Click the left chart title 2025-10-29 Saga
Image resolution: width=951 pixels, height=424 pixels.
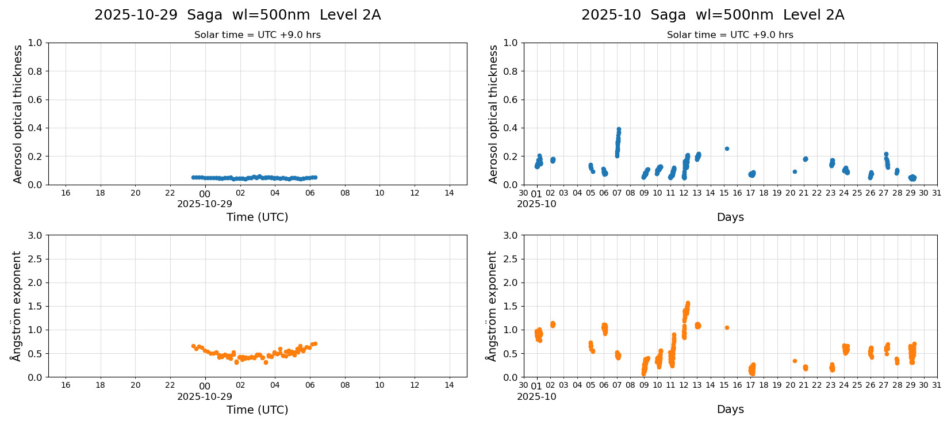[x=237, y=15]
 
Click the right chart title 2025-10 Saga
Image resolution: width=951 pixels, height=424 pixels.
[x=712, y=15]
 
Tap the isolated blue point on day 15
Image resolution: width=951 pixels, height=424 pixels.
[x=727, y=148]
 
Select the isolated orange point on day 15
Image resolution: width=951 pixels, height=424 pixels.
[x=727, y=327]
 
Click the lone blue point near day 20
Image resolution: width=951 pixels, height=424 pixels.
[x=795, y=171]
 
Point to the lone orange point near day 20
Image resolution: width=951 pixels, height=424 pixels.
[x=795, y=361]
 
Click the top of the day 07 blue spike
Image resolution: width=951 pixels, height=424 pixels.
[x=619, y=129]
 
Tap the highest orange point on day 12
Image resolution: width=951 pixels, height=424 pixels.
[x=688, y=303]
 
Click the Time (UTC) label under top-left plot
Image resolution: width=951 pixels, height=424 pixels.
[x=257, y=217]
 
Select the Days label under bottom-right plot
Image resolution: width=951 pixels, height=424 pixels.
[x=730, y=409]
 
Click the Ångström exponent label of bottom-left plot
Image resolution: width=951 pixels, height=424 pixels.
[x=17, y=306]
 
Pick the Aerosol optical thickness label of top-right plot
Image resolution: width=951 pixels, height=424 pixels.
[x=493, y=114]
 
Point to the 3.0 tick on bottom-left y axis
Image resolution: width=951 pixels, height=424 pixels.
[x=35, y=235]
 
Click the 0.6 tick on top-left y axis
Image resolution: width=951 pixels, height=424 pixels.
[x=35, y=100]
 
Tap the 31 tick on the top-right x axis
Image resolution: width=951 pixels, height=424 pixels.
[x=937, y=193]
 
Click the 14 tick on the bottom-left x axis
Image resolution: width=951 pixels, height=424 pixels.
[x=449, y=385]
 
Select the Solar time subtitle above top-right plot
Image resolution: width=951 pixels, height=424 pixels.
[x=730, y=35]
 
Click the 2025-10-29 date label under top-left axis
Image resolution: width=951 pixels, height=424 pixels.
[x=205, y=204]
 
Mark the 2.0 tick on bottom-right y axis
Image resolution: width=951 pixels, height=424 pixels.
[x=510, y=282]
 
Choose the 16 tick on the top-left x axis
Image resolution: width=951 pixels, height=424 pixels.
[x=66, y=193]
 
